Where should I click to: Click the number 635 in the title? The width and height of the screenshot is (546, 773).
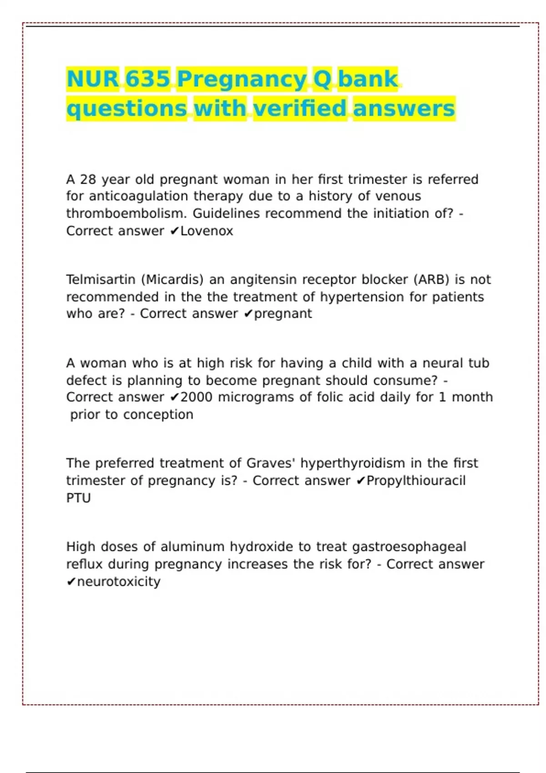pyautogui.click(x=147, y=79)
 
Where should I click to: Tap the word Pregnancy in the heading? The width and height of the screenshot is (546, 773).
pyautogui.click(x=242, y=80)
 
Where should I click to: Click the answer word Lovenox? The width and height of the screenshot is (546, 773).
pyautogui.click(x=207, y=231)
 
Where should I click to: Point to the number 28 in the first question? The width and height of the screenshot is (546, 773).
pyautogui.click(x=88, y=180)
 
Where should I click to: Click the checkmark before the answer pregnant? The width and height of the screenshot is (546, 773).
pyautogui.click(x=248, y=314)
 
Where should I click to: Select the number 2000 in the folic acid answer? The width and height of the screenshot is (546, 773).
pyautogui.click(x=197, y=397)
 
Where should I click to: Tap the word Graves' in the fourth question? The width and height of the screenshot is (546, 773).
pyautogui.click(x=271, y=463)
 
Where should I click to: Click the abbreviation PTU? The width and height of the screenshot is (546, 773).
pyautogui.click(x=78, y=498)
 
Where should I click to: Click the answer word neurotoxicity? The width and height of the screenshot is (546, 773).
pyautogui.click(x=119, y=582)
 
